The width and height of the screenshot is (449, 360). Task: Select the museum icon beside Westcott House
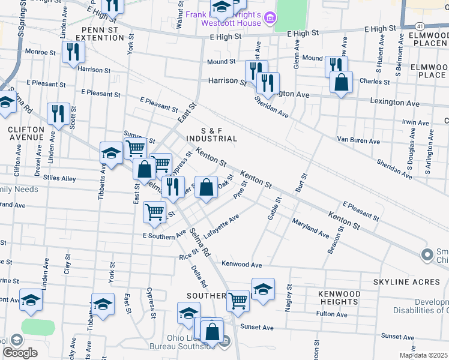(270, 19)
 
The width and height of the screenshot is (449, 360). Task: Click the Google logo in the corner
(20, 353)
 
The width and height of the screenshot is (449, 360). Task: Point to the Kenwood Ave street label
(242, 264)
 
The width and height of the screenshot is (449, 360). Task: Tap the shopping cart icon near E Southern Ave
(155, 211)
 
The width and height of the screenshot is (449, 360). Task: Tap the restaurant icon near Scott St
(58, 113)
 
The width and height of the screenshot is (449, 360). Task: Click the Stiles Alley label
(59, 179)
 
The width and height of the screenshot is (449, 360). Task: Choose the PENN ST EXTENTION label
(95, 33)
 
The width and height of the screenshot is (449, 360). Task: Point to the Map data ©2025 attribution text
(423, 355)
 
